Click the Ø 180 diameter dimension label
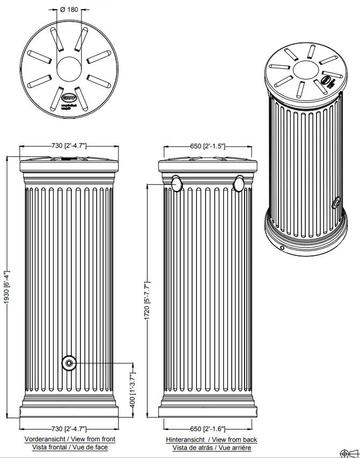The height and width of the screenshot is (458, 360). [69, 10]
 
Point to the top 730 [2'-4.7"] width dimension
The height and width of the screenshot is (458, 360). [69, 146]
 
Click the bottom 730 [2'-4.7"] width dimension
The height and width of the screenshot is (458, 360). [69, 428]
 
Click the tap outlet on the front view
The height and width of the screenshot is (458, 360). [69, 363]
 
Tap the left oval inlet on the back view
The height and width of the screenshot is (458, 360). [177, 184]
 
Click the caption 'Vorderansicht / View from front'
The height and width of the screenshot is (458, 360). [70, 439]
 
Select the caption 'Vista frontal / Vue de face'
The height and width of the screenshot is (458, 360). [70, 447]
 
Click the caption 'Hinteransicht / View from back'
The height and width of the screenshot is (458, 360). [211, 440]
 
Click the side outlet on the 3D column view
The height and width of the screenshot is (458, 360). [336, 203]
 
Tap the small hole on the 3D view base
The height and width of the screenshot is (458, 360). [283, 248]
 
